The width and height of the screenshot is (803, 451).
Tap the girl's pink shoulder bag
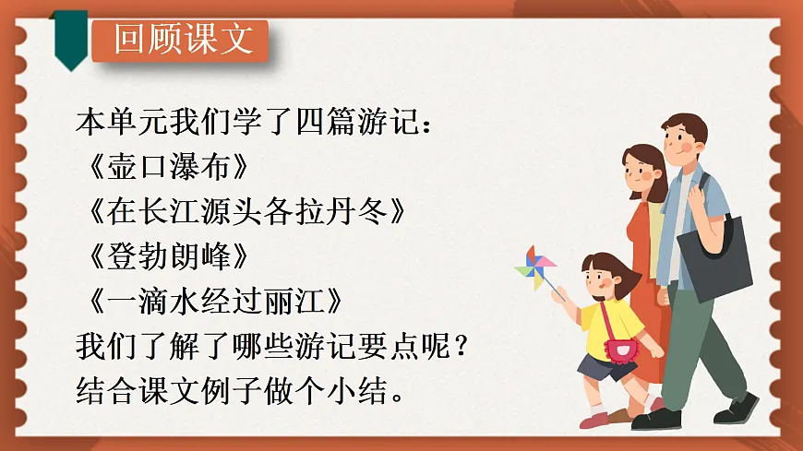tap(621, 350)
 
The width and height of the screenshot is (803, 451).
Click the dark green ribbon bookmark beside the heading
tap(70, 37)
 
